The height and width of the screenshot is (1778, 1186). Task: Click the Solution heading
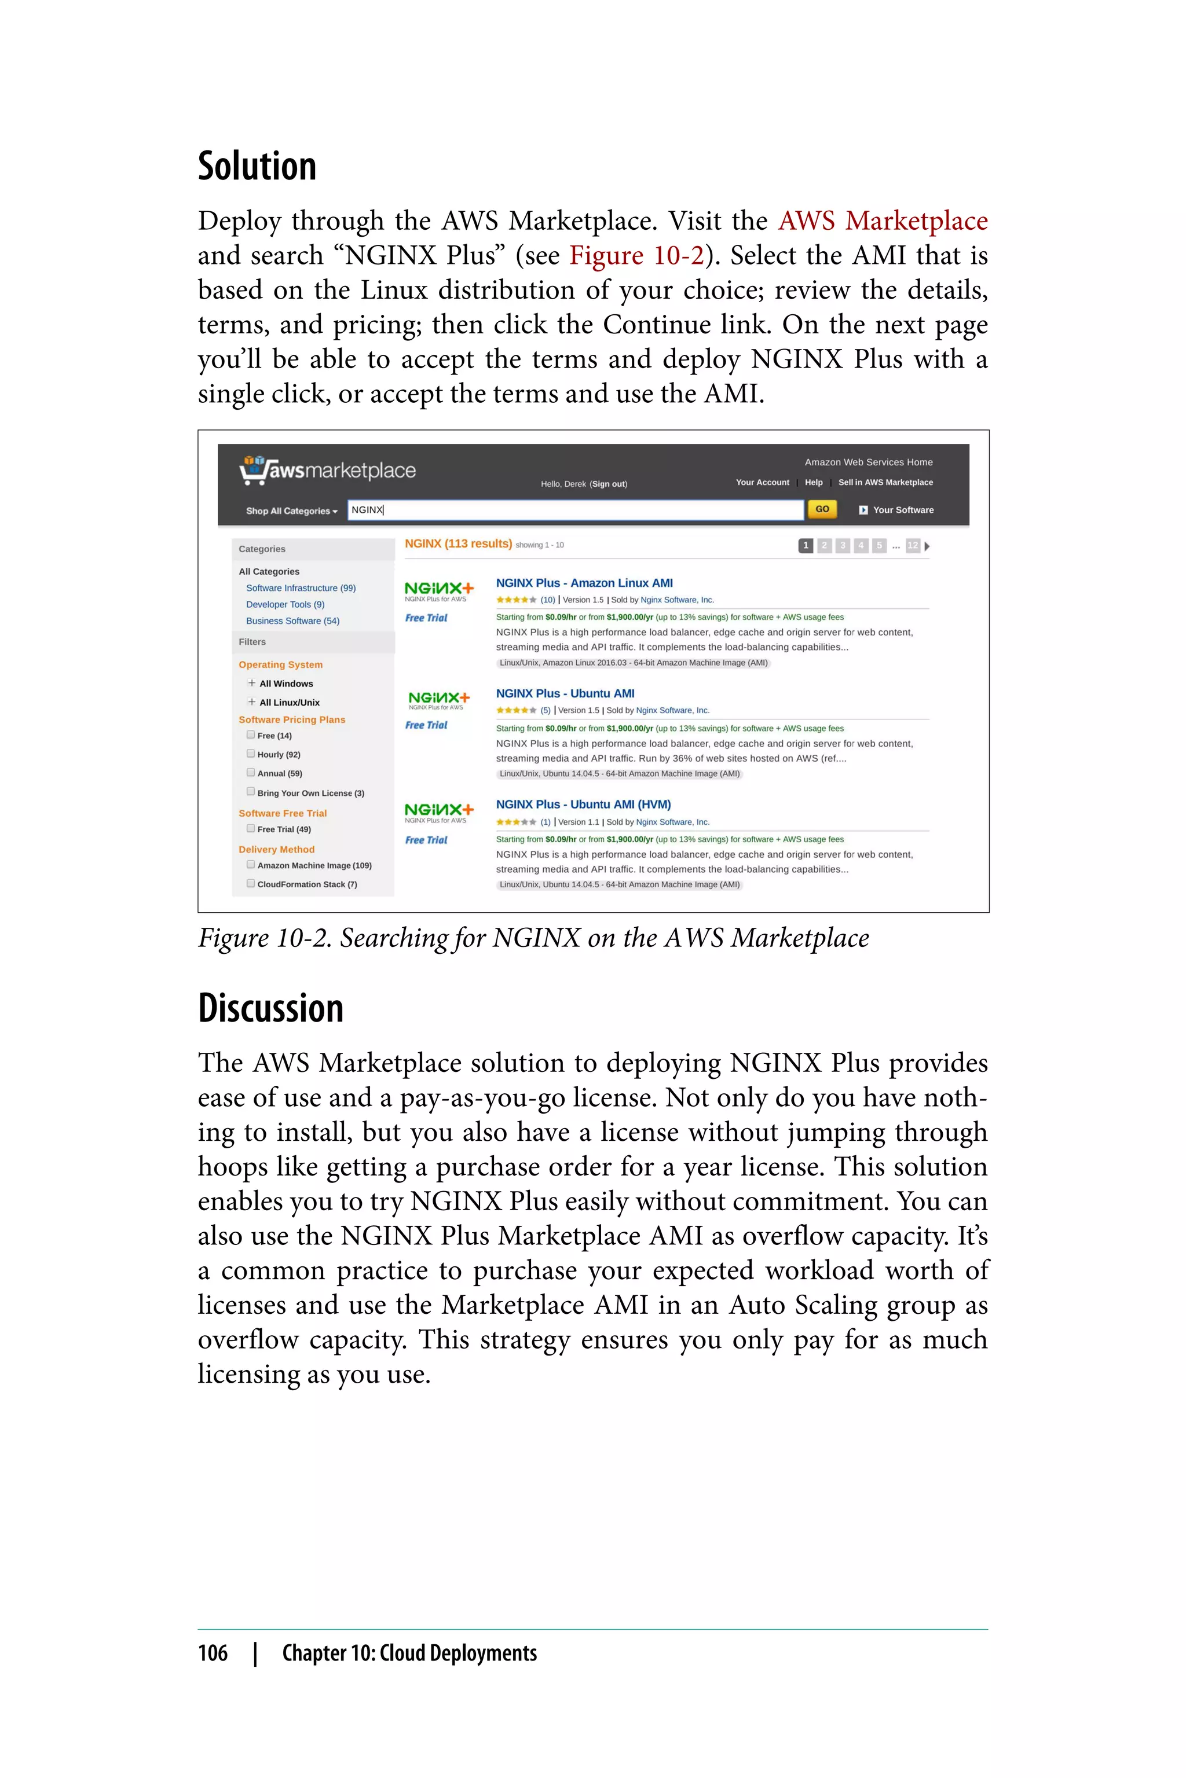[257, 166]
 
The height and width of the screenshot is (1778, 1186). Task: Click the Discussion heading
[271, 1008]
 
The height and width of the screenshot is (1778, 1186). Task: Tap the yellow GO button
[821, 509]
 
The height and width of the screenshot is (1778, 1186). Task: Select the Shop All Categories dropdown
[291, 511]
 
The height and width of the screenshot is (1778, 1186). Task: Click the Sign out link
[608, 484]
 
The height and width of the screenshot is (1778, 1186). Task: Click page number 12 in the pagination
[912, 546]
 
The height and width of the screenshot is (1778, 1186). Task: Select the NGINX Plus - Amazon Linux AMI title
[584, 583]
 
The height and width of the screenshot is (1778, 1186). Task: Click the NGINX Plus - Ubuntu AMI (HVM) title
[583, 804]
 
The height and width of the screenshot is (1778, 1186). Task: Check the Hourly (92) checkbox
[250, 754]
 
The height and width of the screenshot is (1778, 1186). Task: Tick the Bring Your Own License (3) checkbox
[250, 792]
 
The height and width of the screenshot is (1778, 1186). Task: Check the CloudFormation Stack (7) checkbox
[250, 883]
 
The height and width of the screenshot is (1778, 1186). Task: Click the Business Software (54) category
[292, 620]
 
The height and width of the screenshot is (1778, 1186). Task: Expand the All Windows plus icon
[252, 682]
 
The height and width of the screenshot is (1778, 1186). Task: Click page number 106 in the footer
[213, 1653]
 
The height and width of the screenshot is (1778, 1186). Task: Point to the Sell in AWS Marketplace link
[885, 482]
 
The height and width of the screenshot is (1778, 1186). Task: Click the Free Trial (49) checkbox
[250, 829]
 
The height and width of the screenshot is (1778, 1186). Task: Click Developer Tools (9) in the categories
[285, 604]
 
